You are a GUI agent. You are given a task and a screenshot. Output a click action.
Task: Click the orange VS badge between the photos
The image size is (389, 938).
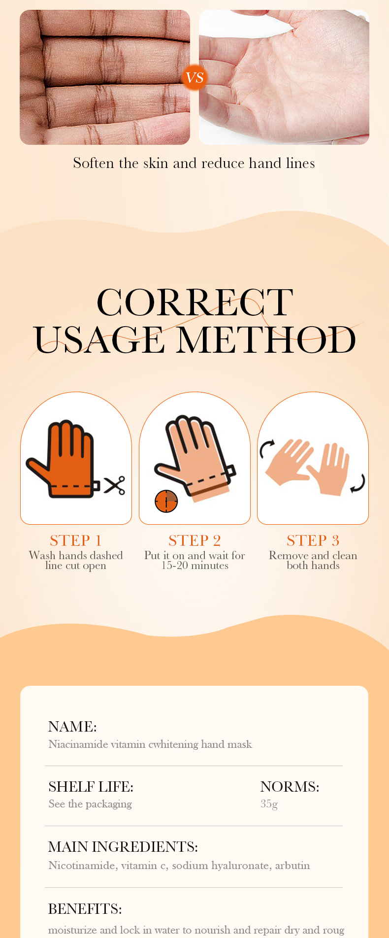194,77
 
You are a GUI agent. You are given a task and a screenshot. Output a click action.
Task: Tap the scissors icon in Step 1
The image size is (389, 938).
114,485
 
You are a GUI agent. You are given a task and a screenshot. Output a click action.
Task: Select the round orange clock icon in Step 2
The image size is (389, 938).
166,501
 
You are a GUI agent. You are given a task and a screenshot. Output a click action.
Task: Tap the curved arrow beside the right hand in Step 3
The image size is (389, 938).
359,483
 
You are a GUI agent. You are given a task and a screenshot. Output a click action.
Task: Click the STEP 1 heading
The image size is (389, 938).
76,540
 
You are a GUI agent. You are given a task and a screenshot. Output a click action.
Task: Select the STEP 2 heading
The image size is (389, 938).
194,540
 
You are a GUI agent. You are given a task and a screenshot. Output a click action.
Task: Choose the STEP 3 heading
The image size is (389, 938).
313,540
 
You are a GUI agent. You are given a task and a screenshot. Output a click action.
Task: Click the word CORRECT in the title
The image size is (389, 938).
195,302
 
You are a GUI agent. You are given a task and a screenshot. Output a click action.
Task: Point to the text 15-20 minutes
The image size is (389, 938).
195,566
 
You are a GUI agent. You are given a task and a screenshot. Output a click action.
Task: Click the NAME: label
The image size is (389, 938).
72,727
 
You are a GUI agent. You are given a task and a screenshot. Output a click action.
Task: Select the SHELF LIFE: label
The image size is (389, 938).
91,787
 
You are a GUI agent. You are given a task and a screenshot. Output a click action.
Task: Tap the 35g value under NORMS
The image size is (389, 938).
269,804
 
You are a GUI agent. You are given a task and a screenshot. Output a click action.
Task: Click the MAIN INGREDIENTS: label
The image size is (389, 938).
123,847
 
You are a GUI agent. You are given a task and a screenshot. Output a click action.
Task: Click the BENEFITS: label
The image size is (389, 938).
85,909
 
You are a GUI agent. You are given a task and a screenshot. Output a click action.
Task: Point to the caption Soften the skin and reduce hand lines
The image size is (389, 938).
194,163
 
